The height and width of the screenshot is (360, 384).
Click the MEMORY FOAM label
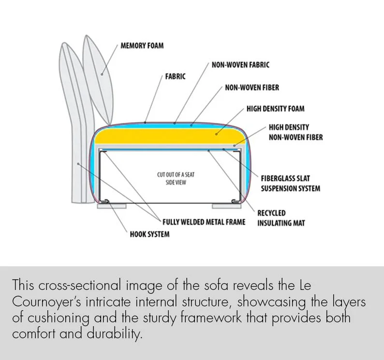coord(142,46)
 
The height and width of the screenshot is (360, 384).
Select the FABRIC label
coord(175,76)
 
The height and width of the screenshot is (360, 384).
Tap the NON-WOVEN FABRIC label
coord(240,64)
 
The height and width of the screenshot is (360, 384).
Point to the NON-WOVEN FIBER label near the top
coord(251,88)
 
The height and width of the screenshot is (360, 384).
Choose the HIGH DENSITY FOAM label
coord(275,109)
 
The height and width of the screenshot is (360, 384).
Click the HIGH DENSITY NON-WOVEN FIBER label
coord(295,132)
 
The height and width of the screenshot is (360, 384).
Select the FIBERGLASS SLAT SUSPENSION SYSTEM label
coord(290,183)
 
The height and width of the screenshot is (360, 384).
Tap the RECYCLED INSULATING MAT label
coord(281,218)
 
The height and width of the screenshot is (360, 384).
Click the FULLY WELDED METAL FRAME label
coord(204,222)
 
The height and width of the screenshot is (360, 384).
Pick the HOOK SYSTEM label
coord(149,234)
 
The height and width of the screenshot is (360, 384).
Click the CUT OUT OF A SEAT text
coord(176,174)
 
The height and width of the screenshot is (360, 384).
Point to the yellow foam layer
coord(169,136)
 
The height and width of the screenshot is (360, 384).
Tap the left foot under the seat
coord(112,206)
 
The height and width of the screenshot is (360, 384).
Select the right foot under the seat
coord(226,206)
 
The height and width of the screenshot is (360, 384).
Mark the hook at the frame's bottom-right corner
coord(235,200)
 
